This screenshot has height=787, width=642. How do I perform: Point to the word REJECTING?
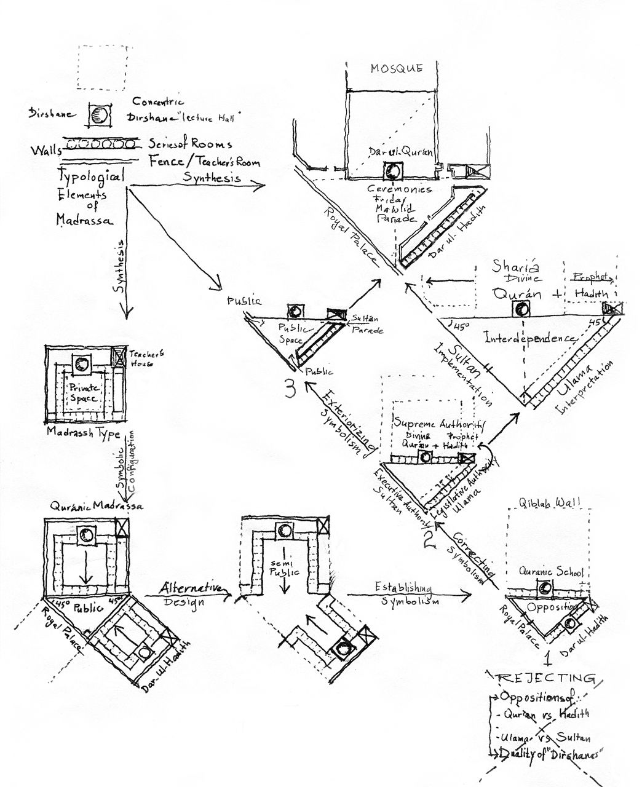pyautogui.click(x=545, y=678)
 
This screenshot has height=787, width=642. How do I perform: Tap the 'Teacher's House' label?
pyautogui.click(x=141, y=358)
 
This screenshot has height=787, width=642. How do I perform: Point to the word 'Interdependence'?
pyautogui.click(x=530, y=338)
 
